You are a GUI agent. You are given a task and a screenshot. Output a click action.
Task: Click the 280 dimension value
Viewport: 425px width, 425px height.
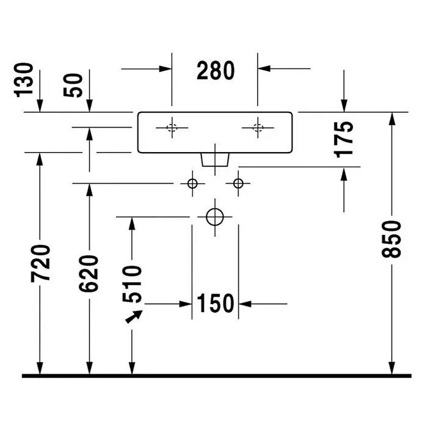click(x=216, y=70)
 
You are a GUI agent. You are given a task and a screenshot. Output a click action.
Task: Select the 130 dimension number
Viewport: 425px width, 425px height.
click(x=24, y=80)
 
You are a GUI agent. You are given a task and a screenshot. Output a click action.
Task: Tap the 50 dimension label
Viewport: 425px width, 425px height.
click(x=73, y=85)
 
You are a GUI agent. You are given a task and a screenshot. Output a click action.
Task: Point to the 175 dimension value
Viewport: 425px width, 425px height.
click(x=343, y=140)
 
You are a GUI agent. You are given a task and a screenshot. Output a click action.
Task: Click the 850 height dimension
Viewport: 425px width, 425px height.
click(x=391, y=239)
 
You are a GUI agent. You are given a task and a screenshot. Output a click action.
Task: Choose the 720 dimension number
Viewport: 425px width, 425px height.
click(x=40, y=263)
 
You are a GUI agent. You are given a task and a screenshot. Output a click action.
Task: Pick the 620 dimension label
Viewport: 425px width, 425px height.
click(x=89, y=274)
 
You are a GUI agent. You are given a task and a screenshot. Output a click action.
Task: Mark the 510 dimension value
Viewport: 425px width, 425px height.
click(x=132, y=284)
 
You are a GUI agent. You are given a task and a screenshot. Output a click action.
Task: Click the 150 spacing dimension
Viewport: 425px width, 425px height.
click(x=215, y=303)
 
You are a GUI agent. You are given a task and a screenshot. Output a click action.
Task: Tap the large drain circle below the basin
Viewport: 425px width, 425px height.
click(x=215, y=208)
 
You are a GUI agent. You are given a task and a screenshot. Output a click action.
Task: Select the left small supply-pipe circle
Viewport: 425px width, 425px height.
click(x=192, y=179)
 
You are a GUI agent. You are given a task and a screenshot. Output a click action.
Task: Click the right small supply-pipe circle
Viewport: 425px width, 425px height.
click(x=238, y=179)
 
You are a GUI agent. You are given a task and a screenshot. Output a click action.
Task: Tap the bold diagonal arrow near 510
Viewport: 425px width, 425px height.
click(x=134, y=316)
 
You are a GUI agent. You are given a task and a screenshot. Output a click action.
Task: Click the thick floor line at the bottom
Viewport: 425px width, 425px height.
click(x=217, y=376)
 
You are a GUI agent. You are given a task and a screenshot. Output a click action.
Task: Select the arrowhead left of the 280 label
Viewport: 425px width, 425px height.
click(x=165, y=69)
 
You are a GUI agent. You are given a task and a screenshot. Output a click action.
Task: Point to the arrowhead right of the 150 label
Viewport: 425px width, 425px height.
click(x=245, y=304)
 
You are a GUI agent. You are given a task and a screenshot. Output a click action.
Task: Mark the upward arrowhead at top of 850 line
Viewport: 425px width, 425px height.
click(x=391, y=118)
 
